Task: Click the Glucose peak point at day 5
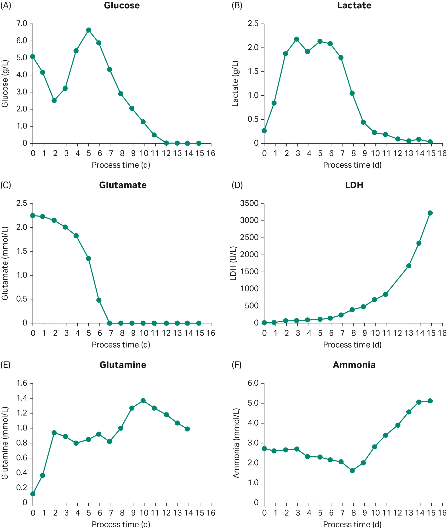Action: pyautogui.click(x=88, y=30)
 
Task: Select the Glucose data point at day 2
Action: pyautogui.click(x=54, y=100)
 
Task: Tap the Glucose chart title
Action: pyautogui.click(x=122, y=6)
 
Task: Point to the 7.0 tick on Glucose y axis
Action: pyautogui.click(x=22, y=23)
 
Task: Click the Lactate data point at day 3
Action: pyautogui.click(x=297, y=39)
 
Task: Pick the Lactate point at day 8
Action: pyautogui.click(x=352, y=93)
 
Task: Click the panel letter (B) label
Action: pyautogui.click(x=237, y=6)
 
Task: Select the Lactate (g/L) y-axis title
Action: pyautogui.click(x=235, y=83)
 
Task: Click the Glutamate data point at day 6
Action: pyautogui.click(x=99, y=300)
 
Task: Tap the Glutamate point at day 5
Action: pyautogui.click(x=88, y=258)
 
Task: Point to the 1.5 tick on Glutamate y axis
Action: pyautogui.click(x=22, y=251)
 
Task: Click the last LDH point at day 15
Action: pyautogui.click(x=430, y=213)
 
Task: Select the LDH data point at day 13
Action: pyautogui.click(x=408, y=266)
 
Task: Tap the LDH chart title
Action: pyautogui.click(x=354, y=185)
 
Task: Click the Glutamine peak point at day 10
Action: pyautogui.click(x=143, y=401)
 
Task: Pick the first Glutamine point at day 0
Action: pyautogui.click(x=33, y=494)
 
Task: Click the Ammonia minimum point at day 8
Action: pyautogui.click(x=352, y=471)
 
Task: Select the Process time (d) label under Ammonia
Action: pyautogui.click(x=352, y=524)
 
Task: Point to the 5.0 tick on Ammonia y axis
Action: pyautogui.click(x=253, y=403)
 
